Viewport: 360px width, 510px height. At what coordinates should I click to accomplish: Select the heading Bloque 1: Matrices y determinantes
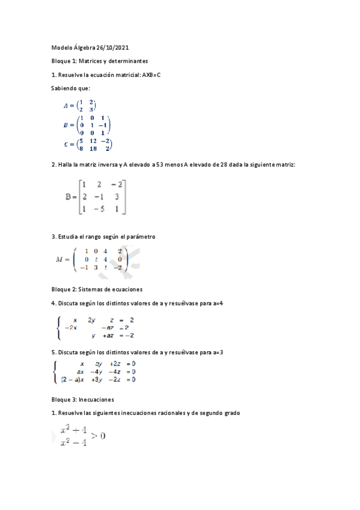click(x=99, y=61)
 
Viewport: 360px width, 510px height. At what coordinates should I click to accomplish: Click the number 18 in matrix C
click(x=93, y=148)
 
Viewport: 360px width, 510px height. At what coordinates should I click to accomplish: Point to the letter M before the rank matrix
click(x=59, y=260)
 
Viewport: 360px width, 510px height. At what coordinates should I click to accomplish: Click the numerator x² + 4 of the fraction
click(x=73, y=431)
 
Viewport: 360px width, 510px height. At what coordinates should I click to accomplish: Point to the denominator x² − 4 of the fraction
click(x=73, y=443)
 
